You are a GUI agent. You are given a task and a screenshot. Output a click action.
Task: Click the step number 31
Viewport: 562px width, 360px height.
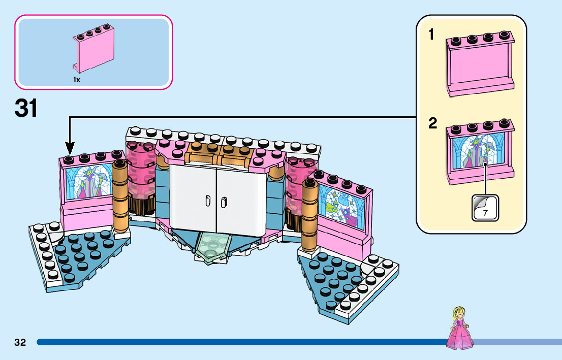26,108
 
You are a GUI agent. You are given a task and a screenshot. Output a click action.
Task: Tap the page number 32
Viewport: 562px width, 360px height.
20,342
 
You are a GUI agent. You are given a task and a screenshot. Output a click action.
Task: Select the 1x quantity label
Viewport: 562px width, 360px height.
77,80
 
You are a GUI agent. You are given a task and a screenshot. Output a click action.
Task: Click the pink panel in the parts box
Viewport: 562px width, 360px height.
93,48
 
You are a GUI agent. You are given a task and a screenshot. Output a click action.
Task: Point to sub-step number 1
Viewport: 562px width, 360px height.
431,35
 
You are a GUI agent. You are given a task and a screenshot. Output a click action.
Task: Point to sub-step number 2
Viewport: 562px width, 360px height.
432,123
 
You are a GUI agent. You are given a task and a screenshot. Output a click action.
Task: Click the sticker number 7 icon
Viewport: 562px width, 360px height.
485,208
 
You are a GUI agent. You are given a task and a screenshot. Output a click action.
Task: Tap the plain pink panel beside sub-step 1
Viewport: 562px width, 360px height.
480,64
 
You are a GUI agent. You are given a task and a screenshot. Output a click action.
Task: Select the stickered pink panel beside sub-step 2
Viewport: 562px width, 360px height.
480,152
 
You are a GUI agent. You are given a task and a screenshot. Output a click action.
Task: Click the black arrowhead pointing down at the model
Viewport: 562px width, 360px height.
70,148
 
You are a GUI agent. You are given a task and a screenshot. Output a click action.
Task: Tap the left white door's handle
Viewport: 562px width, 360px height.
208,201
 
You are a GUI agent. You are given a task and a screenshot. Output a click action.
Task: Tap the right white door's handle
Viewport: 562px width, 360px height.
224,203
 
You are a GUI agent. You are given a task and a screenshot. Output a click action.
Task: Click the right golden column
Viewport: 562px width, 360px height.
309,215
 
